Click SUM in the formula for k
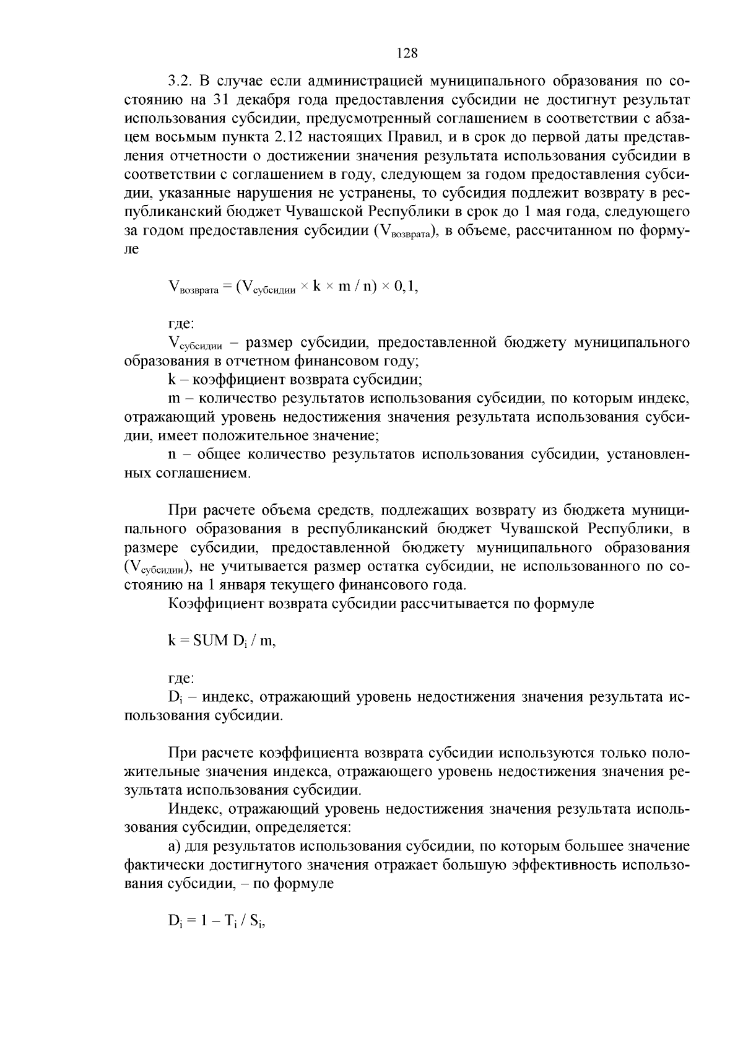211,641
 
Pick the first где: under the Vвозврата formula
181,324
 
